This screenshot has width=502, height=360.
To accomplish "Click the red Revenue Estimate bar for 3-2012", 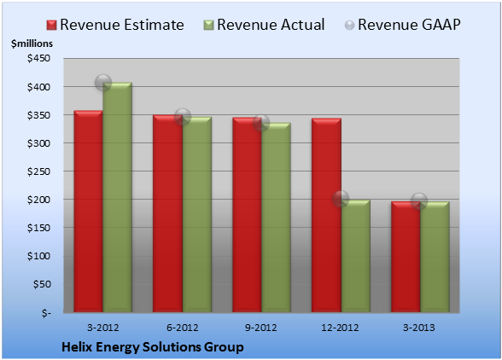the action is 89,212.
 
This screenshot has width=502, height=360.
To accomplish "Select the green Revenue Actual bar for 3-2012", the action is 117,197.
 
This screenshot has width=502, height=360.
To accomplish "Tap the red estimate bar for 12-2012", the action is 326,215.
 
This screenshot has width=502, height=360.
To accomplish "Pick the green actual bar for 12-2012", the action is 355,256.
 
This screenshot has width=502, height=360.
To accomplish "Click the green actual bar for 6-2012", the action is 197,214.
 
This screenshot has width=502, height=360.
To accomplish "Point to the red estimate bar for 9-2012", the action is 247,215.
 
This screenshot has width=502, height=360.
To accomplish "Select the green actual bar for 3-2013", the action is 435,257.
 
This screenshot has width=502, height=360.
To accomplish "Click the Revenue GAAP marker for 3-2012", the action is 103,83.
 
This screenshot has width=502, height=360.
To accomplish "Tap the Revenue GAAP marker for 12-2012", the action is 341,199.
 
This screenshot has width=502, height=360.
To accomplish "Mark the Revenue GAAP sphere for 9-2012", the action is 261,123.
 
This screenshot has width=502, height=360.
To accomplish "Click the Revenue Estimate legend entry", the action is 115,25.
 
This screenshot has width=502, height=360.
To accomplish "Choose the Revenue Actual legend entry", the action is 264,25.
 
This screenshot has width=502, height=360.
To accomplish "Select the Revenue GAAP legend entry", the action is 403,25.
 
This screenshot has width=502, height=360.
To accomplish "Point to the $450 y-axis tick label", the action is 38,58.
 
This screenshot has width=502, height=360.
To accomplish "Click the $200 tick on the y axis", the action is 38,200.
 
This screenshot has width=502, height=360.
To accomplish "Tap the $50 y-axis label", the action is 42,284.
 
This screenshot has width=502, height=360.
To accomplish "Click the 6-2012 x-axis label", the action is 182,328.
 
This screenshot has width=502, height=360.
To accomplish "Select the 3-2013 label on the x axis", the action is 418,328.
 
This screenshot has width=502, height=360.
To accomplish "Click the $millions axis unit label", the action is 32,44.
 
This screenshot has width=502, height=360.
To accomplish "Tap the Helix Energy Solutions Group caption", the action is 153,347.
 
